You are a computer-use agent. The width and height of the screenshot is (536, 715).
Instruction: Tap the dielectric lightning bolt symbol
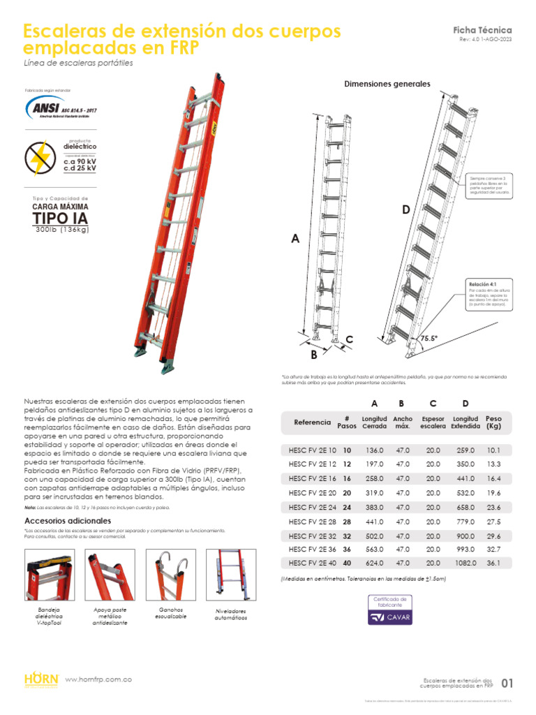coord(41,159)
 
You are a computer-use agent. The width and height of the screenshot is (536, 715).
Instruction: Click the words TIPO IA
coord(61,219)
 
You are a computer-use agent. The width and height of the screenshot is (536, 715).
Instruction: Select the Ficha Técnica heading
coord(482,30)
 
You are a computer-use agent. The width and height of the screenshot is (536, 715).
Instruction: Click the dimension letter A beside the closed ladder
coord(295,239)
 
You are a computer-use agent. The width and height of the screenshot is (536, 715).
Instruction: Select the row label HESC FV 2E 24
coord(312,508)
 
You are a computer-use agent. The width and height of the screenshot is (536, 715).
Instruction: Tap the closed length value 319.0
coord(375,492)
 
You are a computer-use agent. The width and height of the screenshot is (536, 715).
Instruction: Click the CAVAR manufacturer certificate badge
coord(391,610)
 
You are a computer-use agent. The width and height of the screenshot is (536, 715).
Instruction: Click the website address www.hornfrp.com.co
coord(98,679)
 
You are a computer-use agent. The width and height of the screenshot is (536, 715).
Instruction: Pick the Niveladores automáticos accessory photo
coord(231,575)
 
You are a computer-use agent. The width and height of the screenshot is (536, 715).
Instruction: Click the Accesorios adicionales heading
coord(68,521)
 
